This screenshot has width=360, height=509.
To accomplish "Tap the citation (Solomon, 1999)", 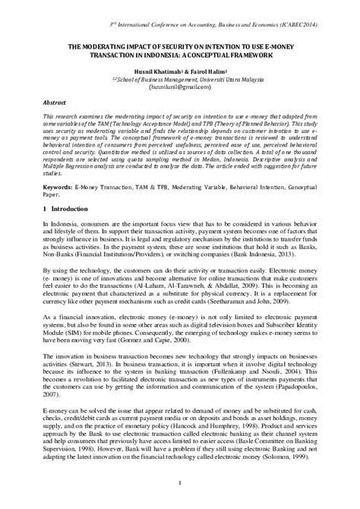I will click(289, 458).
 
